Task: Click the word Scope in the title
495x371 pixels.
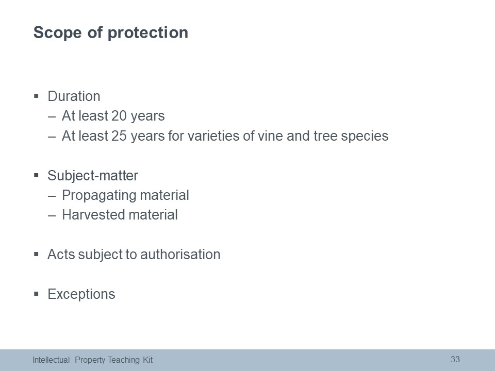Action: point(57,32)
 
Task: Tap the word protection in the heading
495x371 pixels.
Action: point(148,33)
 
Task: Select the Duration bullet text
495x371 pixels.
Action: point(74,96)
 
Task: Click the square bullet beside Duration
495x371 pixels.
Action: point(36,95)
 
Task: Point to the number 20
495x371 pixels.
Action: point(119,116)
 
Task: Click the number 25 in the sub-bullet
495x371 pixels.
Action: point(119,136)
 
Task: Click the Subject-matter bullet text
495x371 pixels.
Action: point(93,176)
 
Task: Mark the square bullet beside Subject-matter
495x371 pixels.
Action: point(36,175)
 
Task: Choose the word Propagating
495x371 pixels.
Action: point(99,196)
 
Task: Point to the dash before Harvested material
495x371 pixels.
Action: point(52,216)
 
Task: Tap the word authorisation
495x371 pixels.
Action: point(180,255)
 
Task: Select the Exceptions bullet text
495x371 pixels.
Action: point(81,294)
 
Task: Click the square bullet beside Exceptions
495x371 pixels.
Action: point(36,294)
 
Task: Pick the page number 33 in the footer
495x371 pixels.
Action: point(455,359)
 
